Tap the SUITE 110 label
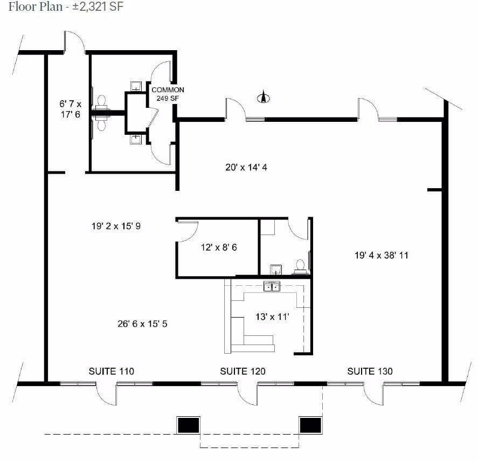(x=111, y=371)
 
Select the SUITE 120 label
(x=243, y=371)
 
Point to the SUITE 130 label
(x=370, y=371)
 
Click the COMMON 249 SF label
(x=168, y=94)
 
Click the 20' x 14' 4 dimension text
(x=246, y=167)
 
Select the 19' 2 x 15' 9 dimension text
(x=116, y=226)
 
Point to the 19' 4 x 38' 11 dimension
(x=381, y=255)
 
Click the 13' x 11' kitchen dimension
(x=272, y=316)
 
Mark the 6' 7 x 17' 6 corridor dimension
(x=70, y=109)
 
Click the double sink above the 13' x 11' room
(x=272, y=286)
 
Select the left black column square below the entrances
(x=189, y=425)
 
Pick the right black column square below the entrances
(x=310, y=425)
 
